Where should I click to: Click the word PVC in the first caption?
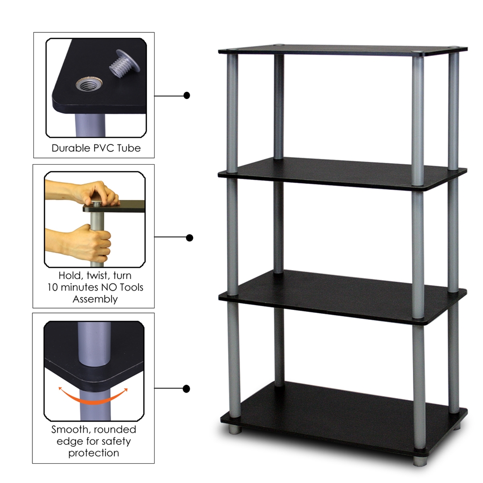[x=103, y=148]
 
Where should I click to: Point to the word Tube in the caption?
[x=128, y=148]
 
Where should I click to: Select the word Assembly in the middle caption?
[x=95, y=299]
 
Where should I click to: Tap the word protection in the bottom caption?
[x=94, y=453]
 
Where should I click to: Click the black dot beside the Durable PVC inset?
[x=187, y=96]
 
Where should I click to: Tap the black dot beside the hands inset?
[x=189, y=238]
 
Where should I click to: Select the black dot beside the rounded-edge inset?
[x=187, y=389]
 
